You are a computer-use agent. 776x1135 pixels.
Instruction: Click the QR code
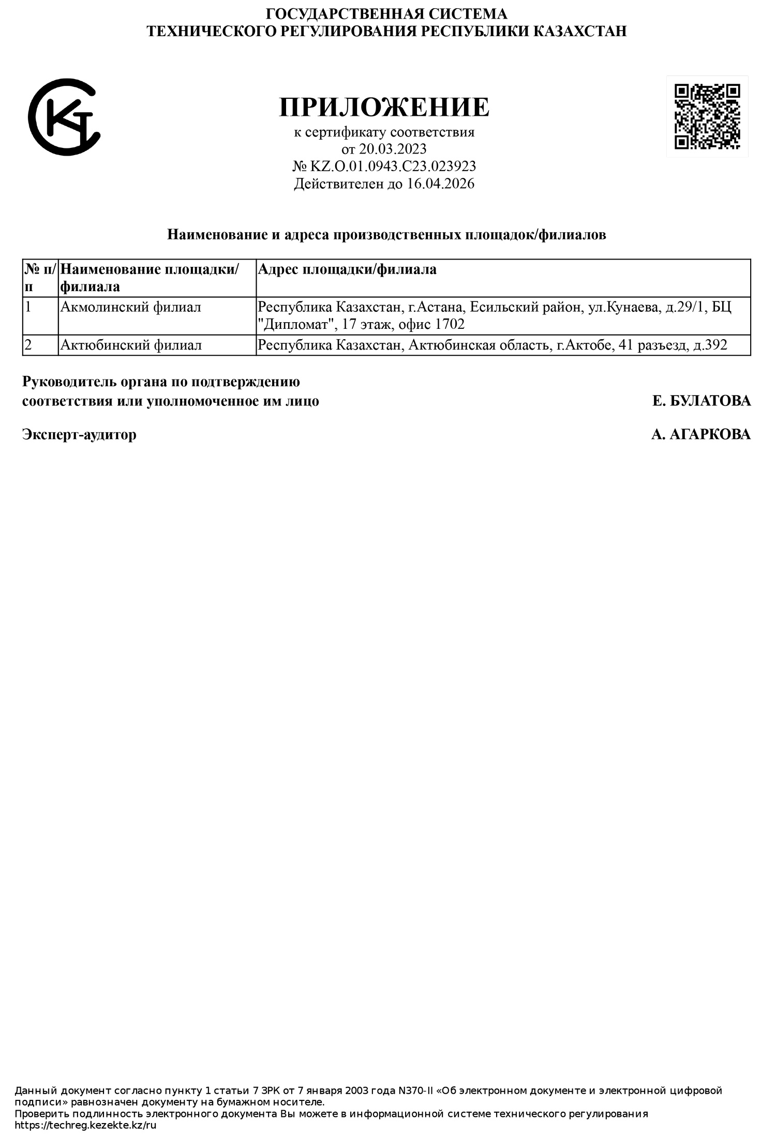[707, 116]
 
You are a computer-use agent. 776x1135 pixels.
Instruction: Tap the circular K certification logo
[64, 117]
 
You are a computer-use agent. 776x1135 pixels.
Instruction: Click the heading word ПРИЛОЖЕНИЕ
[384, 107]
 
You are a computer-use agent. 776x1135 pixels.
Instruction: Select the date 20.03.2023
[393, 149]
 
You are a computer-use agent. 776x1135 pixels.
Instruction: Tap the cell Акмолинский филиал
[130, 307]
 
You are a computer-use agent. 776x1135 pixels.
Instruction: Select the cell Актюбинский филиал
[131, 345]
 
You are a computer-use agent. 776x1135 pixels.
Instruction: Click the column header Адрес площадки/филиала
[347, 269]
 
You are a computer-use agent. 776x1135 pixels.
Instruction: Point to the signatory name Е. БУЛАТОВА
[702, 401]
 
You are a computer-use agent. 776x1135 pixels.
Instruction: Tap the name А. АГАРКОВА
[700, 434]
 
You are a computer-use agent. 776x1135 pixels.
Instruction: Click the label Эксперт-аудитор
[79, 434]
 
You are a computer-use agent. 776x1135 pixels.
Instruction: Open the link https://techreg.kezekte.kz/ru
[85, 1125]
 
